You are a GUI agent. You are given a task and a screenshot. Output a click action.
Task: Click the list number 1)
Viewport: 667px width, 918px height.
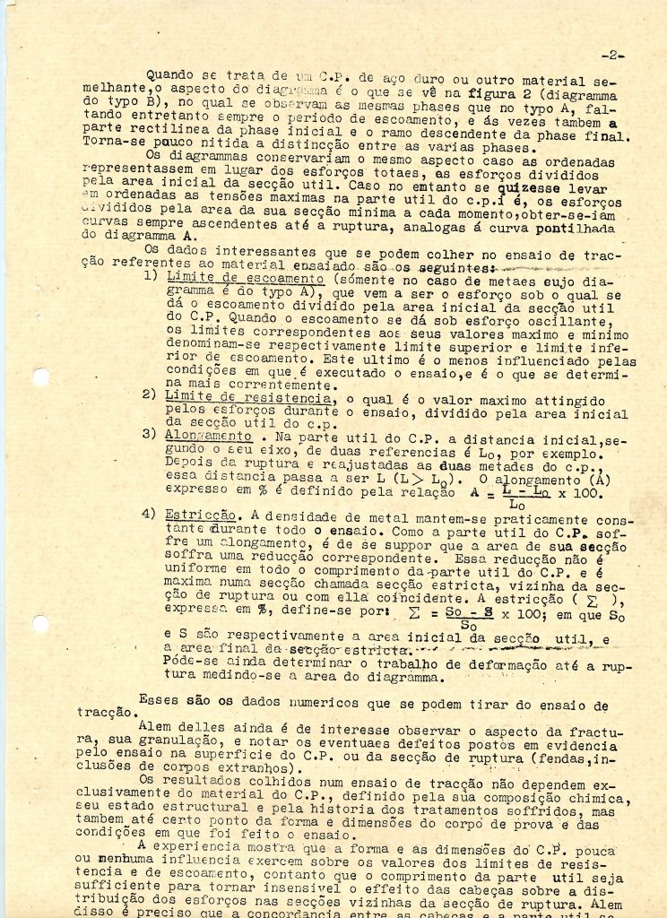(x=151, y=279)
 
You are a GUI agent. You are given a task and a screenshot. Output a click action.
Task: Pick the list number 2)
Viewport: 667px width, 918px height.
(x=151, y=395)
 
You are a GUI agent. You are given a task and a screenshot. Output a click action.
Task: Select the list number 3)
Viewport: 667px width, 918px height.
(x=151, y=435)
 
